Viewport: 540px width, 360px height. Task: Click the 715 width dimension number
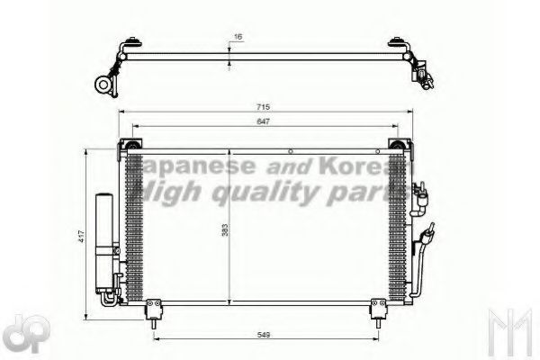coord(263,107)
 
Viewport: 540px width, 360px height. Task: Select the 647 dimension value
coord(263,121)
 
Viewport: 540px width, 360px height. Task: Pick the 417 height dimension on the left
coord(82,236)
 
